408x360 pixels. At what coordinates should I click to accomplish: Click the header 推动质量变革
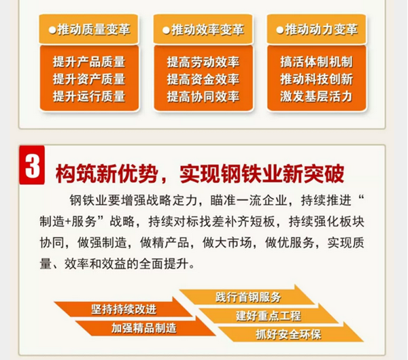[92, 31]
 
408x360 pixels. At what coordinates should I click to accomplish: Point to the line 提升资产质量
[88, 79]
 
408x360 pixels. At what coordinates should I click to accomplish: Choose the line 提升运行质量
[88, 96]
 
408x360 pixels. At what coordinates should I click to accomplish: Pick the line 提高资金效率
[203, 79]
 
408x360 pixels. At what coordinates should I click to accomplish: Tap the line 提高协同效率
[203, 96]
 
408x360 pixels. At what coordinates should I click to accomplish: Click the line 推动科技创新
[316, 79]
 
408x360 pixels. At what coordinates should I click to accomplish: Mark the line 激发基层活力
[316, 96]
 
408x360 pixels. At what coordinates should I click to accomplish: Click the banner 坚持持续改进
[124, 308]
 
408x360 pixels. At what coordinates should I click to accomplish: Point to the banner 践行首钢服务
[248, 297]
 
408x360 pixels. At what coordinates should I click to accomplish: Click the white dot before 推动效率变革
[166, 31]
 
